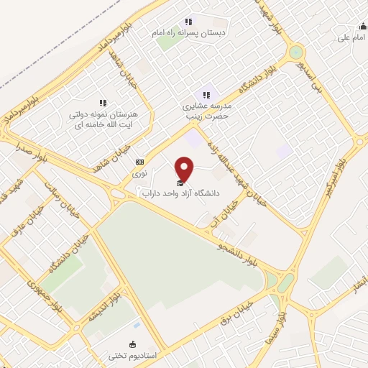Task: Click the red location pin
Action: click(x=185, y=169)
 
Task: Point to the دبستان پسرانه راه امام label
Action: click(x=189, y=33)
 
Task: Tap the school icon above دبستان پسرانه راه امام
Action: click(x=188, y=22)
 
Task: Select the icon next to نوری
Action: click(x=139, y=162)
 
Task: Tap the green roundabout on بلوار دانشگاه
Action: click(x=295, y=53)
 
